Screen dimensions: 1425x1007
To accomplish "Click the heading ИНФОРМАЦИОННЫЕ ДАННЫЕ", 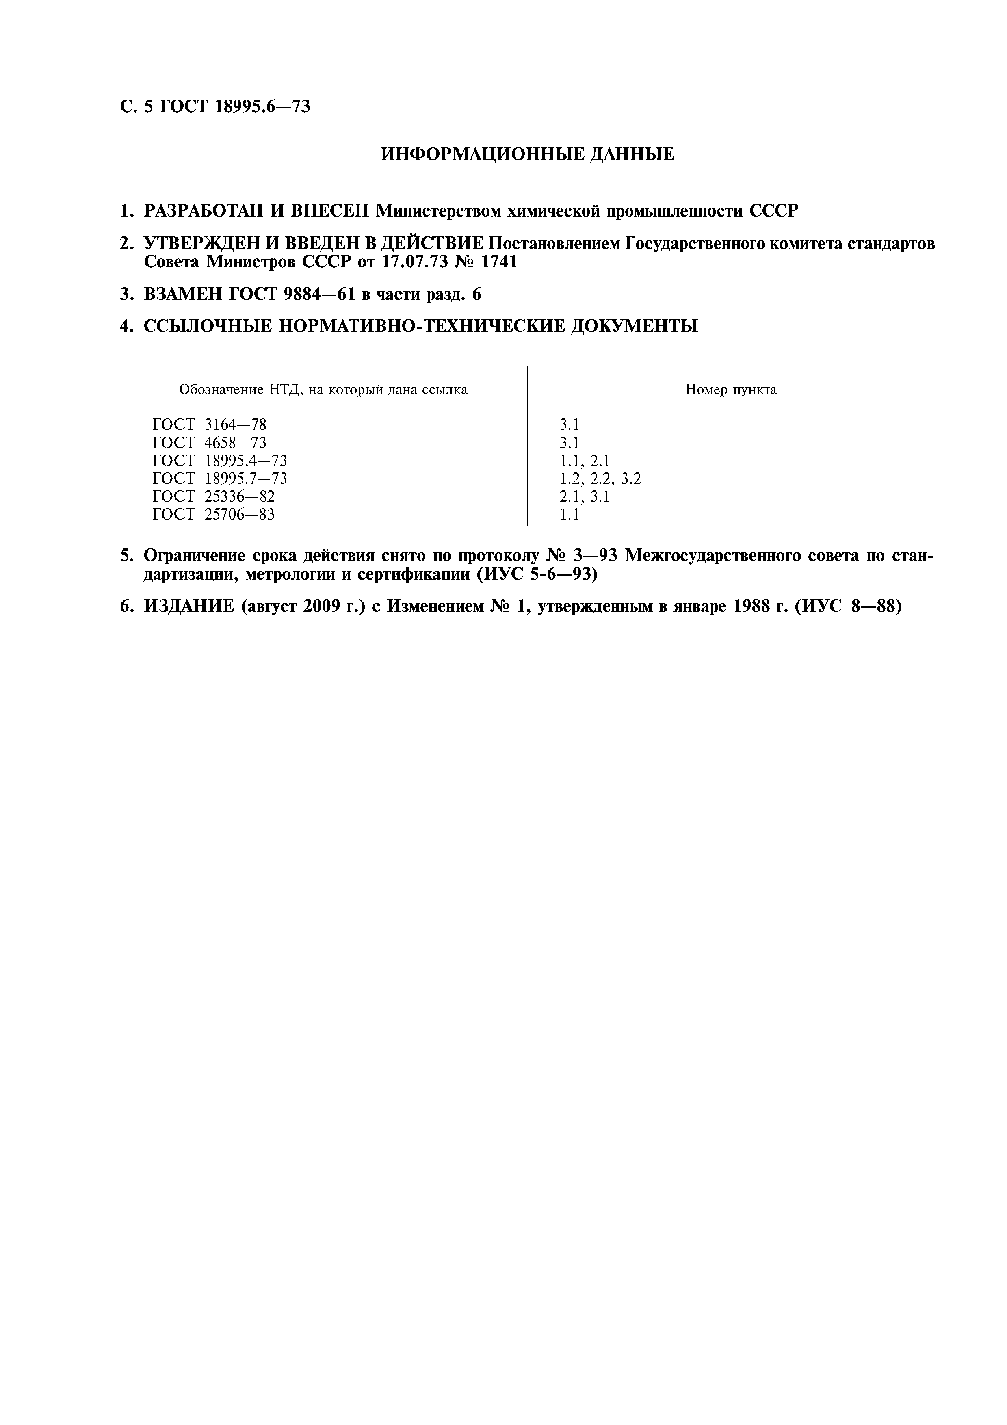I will [x=527, y=154].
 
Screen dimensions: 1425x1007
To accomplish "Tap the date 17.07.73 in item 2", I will [x=414, y=262].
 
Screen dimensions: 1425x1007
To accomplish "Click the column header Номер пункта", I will [x=730, y=390].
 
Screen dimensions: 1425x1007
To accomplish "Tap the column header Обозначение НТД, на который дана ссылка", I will [x=323, y=390].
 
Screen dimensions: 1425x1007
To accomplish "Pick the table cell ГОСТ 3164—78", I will [x=210, y=425].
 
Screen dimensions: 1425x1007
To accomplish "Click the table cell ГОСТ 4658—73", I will [x=210, y=443].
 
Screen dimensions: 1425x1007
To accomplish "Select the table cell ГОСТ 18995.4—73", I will [x=220, y=461].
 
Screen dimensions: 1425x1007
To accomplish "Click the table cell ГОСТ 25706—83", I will [x=213, y=515].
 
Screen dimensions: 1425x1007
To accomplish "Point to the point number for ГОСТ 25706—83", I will [x=569, y=515].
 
